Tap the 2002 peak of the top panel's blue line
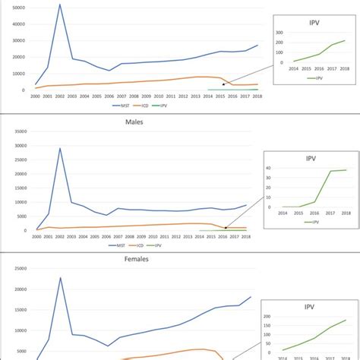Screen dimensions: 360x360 60,5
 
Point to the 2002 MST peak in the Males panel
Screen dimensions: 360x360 60,148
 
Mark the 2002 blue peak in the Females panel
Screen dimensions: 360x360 60,277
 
